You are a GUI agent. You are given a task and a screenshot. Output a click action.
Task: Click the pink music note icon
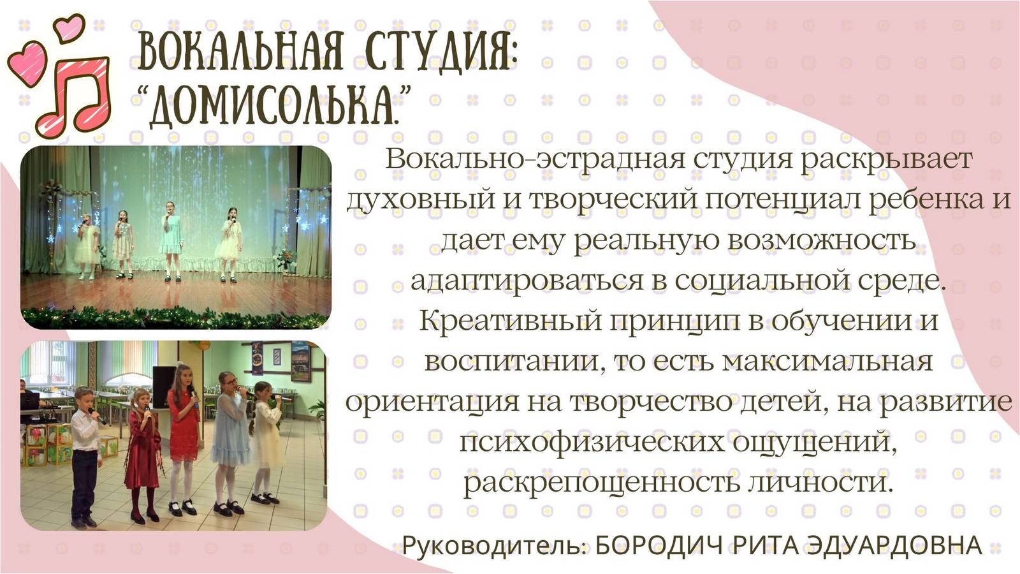click(x=74, y=96)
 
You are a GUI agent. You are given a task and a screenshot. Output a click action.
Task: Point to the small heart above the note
click(x=69, y=27)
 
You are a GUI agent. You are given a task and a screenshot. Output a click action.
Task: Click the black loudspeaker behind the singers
click(x=163, y=386)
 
